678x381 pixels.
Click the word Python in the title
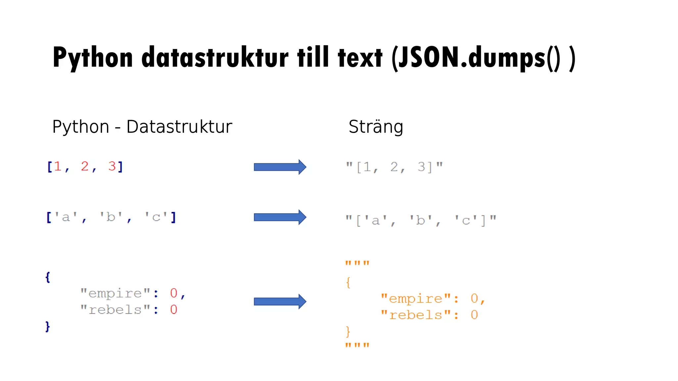point(93,58)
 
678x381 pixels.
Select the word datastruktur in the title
point(215,58)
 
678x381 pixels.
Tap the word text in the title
point(360,58)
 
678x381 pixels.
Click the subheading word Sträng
point(376,127)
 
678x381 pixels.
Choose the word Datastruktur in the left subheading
point(179,127)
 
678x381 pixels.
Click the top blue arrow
point(280,167)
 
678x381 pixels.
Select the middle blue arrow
point(280,217)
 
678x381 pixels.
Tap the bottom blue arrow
point(280,301)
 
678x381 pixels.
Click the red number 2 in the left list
point(85,166)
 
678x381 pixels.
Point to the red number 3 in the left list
point(112,166)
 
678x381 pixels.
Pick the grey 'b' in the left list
point(111,217)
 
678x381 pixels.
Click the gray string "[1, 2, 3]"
point(394,167)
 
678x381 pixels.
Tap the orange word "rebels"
point(415,315)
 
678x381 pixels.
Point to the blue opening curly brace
point(48,277)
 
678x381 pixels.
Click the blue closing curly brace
point(48,326)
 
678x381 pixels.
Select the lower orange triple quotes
point(357,346)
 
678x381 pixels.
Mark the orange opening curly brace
point(348,283)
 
